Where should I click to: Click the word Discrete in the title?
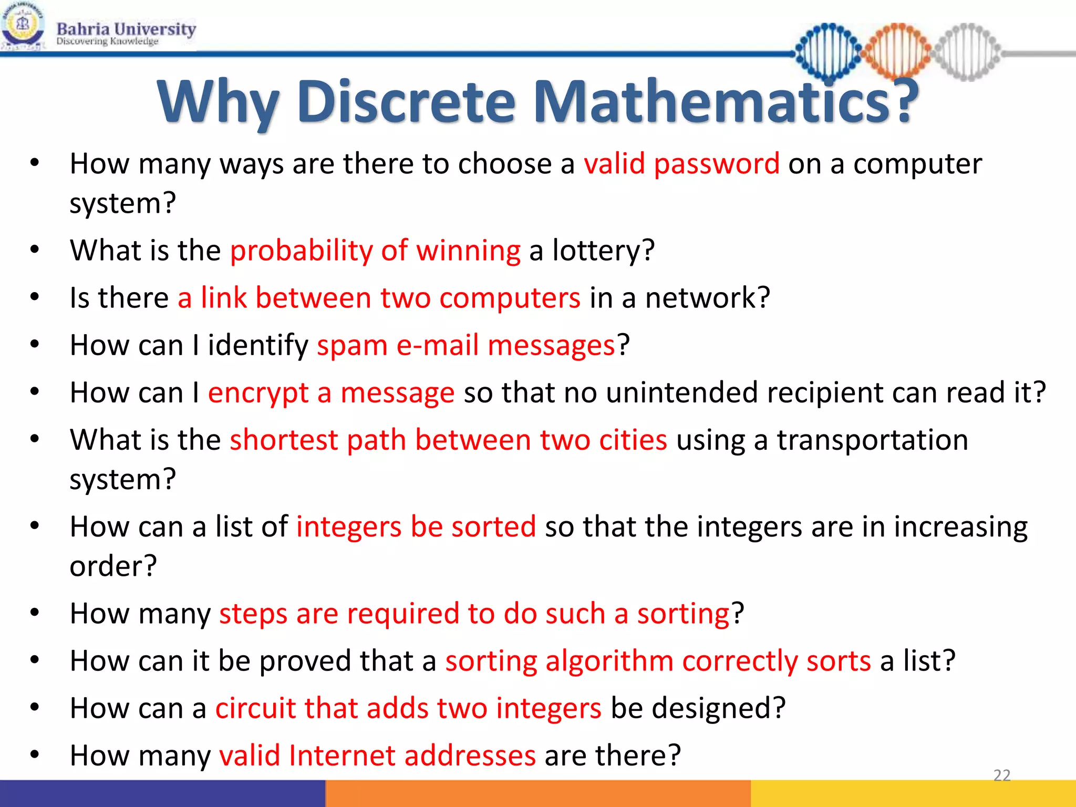(406, 102)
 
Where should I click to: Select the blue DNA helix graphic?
(829, 51)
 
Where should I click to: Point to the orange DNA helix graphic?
(897, 51)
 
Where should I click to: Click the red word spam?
(352, 346)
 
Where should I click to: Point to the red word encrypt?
(258, 394)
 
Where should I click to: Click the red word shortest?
(284, 440)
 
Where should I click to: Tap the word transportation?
(872, 440)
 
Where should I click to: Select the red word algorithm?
(609, 661)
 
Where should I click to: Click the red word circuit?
(255, 708)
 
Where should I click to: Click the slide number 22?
(1001, 775)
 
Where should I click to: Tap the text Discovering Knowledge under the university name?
(107, 42)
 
